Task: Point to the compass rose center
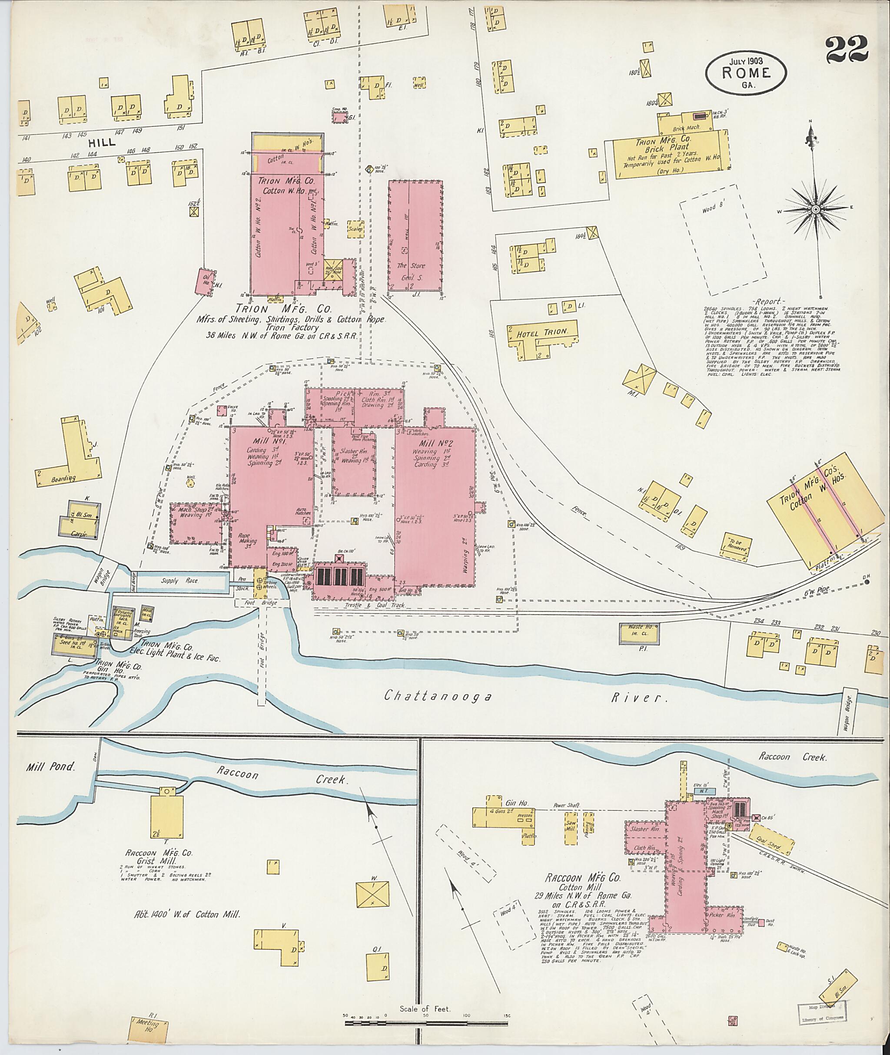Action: point(815,209)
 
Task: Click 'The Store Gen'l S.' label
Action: point(411,269)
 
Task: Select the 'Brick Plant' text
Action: point(671,148)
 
